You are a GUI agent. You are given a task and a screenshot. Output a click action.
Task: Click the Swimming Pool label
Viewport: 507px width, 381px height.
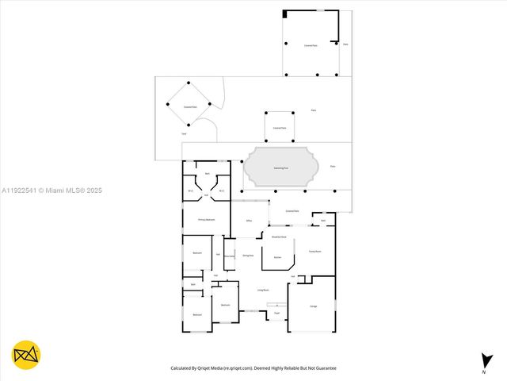coord(280,168)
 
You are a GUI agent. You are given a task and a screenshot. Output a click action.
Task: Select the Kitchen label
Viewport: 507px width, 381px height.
coord(277,258)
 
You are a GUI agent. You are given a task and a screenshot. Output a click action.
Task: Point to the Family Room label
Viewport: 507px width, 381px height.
coord(314,251)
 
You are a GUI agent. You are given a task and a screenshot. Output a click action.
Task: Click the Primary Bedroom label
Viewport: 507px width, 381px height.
coord(206,219)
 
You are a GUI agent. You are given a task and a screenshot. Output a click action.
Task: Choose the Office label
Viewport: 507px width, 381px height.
coord(249,220)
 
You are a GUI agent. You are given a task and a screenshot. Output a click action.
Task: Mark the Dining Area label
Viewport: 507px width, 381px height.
coord(248,256)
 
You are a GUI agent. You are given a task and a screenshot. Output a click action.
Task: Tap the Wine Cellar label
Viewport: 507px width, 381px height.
coord(229,256)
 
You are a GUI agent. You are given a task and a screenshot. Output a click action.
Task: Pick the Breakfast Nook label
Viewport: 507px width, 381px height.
coord(279,237)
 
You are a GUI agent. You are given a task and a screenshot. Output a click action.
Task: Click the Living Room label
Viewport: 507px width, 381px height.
coord(263,291)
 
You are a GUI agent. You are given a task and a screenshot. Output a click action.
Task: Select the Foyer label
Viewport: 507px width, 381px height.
coord(276,314)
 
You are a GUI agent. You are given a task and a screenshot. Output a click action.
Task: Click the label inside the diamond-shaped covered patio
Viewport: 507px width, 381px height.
coord(189,105)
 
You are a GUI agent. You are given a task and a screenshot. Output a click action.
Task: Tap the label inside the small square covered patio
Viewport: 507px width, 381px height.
coord(280,128)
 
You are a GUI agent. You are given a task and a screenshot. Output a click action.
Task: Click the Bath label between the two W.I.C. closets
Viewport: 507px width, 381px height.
coord(207,173)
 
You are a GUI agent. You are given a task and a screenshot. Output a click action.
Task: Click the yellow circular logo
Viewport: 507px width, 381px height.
coord(26,355)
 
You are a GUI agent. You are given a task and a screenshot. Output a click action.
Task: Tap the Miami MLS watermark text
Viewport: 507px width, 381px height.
coord(51,190)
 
